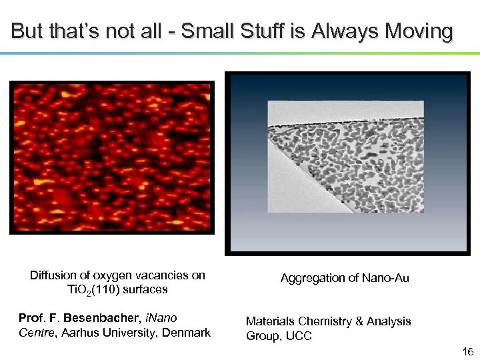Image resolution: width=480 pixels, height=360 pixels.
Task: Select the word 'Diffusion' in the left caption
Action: point(52,275)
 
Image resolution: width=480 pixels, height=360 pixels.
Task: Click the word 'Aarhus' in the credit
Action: point(79,333)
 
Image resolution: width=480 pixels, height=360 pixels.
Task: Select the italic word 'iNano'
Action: point(161,318)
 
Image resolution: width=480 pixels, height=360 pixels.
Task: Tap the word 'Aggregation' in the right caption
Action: point(313,278)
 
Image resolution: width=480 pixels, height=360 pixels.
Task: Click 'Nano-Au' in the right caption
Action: point(385,278)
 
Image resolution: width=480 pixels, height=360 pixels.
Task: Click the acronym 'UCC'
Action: point(298,336)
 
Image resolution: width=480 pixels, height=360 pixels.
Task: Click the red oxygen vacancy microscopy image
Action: point(112,157)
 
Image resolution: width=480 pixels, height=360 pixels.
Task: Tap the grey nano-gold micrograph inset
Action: point(345,157)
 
